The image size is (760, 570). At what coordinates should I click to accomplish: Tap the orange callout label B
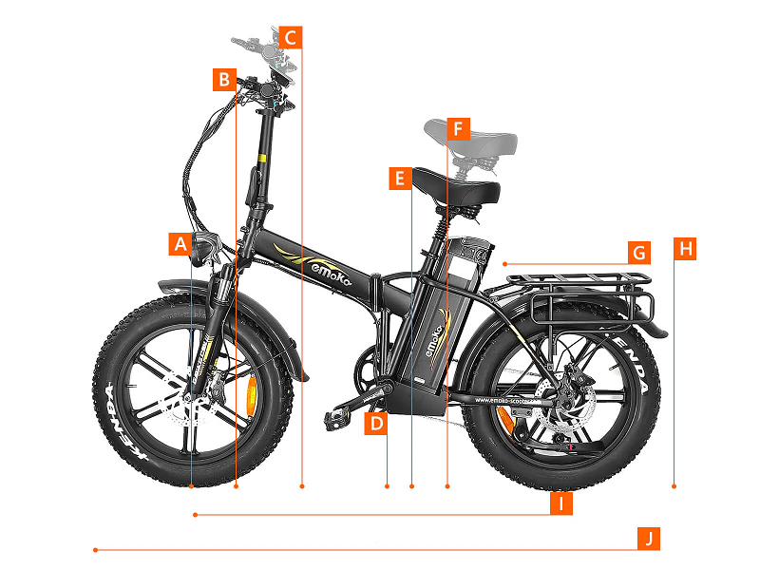coord(224,79)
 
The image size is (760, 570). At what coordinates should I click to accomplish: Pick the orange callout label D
coord(377,424)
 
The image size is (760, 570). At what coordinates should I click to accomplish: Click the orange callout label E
coord(400,178)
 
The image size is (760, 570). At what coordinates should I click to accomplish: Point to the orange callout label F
coord(458,127)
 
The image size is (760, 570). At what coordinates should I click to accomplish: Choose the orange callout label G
coord(639,253)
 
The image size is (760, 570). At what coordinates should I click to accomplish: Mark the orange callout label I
coord(562,504)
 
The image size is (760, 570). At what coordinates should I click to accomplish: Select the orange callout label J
coord(648,539)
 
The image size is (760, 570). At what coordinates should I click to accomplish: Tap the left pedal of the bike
coord(341,414)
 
